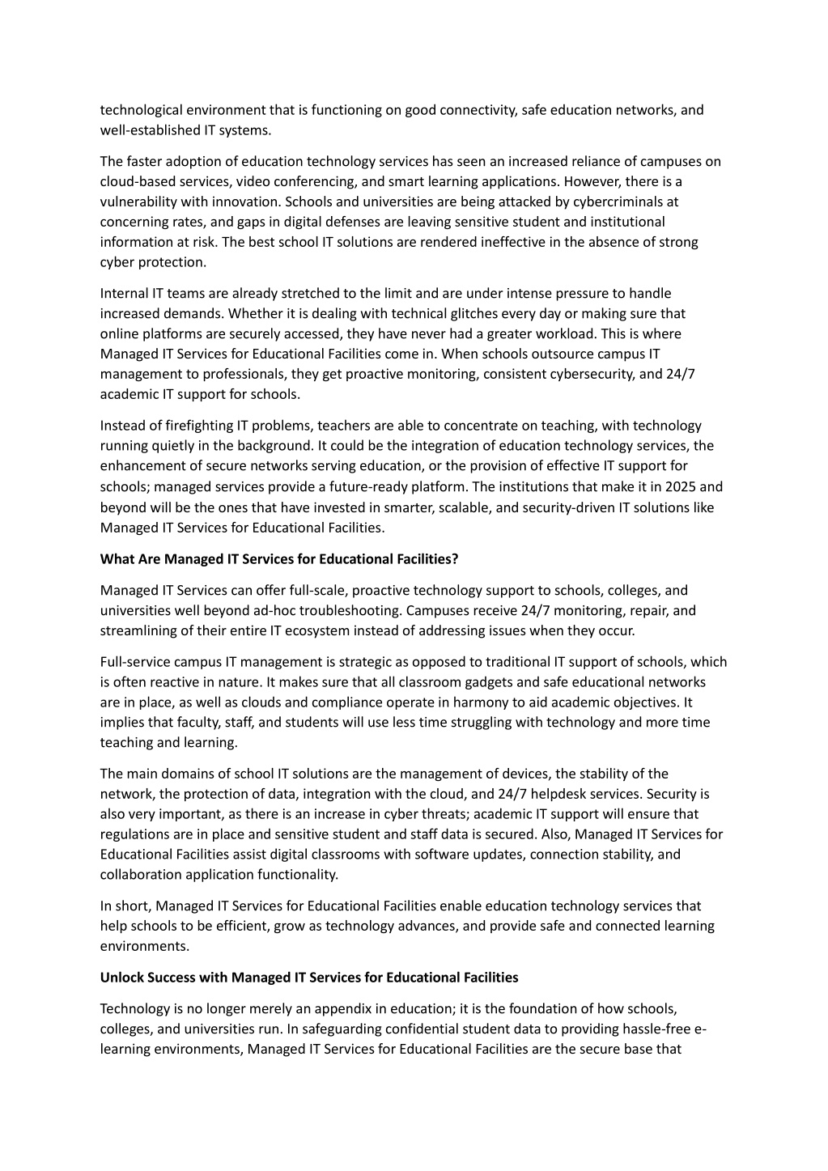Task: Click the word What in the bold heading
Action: coord(116,559)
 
